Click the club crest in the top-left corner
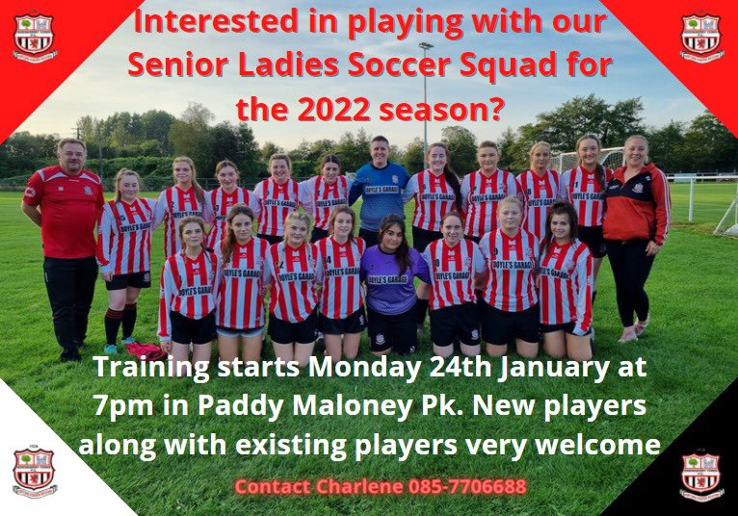pyautogui.click(x=35, y=37)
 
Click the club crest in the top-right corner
pyautogui.click(x=701, y=37)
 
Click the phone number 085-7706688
pyautogui.click(x=469, y=486)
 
